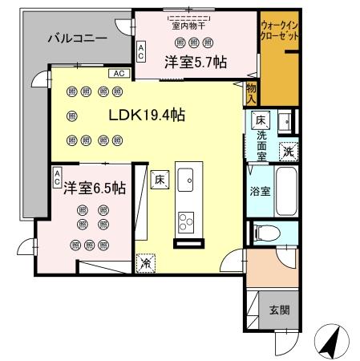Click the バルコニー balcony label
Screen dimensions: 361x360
tap(77, 38)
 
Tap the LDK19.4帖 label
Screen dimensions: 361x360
tap(148, 115)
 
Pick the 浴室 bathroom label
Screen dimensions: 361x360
tap(259, 192)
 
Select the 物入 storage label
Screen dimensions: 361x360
tap(251, 91)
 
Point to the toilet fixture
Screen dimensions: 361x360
tap(269, 233)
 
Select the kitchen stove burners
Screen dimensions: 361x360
tap(187, 219)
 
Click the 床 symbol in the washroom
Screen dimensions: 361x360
tap(261, 120)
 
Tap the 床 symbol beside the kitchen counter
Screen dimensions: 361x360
tap(160, 180)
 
